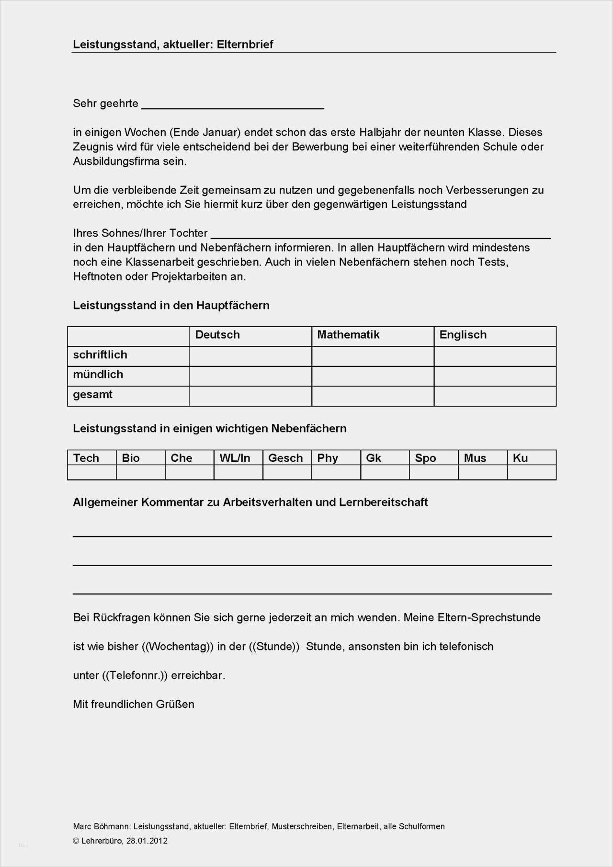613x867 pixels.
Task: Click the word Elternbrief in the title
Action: [x=245, y=45]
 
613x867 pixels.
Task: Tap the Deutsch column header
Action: [x=217, y=335]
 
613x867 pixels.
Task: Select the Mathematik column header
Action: [x=348, y=335]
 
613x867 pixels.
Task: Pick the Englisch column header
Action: [x=463, y=335]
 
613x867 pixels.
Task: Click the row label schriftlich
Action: [x=100, y=355]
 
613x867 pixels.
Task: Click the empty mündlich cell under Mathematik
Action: [x=373, y=376]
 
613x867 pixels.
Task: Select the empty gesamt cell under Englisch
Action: [x=495, y=396]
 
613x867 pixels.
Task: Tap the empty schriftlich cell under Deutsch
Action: [x=250, y=356]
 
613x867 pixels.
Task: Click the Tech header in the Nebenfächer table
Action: [x=86, y=458]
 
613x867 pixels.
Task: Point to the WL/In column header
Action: [x=235, y=458]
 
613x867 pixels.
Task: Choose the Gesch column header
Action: [x=285, y=458]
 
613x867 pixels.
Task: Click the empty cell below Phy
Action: [x=336, y=472]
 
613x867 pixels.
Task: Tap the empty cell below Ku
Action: [x=531, y=472]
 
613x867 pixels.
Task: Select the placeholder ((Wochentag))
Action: [x=178, y=647]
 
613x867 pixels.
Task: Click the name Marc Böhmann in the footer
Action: [x=101, y=826]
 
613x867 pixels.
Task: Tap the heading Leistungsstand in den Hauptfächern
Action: [x=171, y=306]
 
